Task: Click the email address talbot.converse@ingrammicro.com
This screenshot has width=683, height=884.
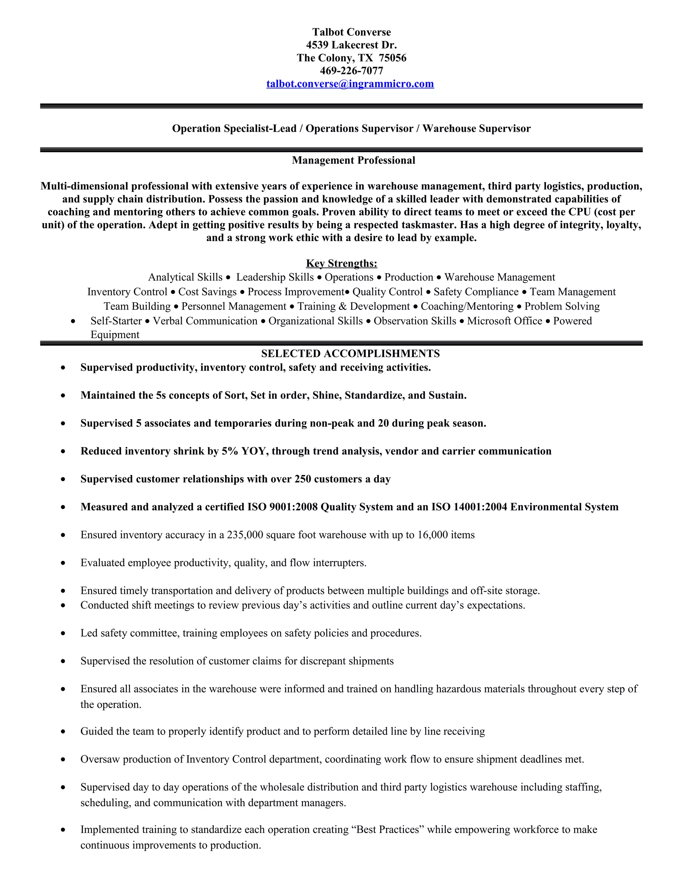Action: click(350, 84)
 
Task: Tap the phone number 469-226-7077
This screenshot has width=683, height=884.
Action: click(351, 71)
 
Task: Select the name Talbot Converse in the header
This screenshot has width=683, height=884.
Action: click(351, 32)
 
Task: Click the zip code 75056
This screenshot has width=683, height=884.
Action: click(393, 58)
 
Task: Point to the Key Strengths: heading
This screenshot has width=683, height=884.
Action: click(341, 264)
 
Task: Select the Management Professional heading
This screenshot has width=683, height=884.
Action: click(353, 160)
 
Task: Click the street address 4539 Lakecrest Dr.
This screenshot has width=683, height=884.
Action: click(351, 45)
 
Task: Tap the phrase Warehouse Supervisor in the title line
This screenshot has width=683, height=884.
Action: click(476, 129)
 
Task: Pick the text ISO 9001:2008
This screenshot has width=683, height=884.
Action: click(282, 507)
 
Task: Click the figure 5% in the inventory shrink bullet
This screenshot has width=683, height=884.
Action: click(230, 451)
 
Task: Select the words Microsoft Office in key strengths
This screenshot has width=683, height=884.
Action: click(504, 321)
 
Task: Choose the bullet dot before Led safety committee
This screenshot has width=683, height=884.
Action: click(63, 633)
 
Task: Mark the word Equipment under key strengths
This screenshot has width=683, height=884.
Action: click(115, 335)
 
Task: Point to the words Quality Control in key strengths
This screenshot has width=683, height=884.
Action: click(387, 292)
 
